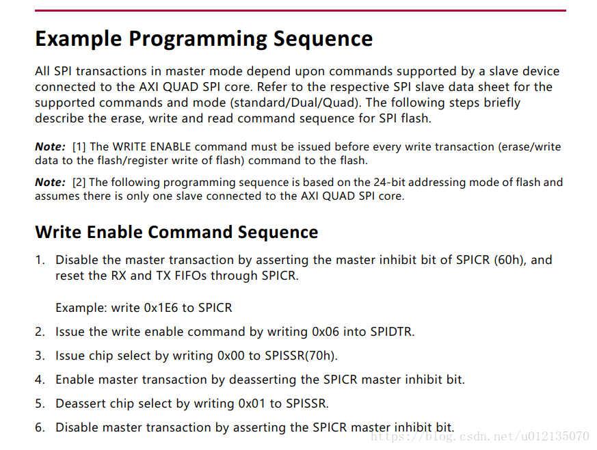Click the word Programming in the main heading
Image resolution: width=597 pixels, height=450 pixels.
(x=197, y=39)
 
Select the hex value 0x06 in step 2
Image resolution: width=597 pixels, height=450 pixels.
(x=326, y=332)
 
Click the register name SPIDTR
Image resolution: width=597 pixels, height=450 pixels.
(x=390, y=332)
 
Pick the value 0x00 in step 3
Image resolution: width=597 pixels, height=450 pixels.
(x=230, y=356)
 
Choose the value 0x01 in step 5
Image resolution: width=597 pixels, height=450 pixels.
(x=252, y=403)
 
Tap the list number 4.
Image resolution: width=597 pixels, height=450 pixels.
(x=40, y=380)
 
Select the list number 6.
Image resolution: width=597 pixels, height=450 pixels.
(x=40, y=427)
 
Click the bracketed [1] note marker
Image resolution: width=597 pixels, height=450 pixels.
(x=79, y=147)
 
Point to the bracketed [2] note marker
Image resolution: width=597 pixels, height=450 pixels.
(x=79, y=183)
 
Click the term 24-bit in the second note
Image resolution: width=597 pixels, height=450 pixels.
(x=389, y=183)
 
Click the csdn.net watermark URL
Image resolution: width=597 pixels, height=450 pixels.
(x=481, y=436)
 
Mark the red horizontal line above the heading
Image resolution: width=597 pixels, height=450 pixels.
(x=300, y=11)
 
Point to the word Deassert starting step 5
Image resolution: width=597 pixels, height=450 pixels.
(x=81, y=403)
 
